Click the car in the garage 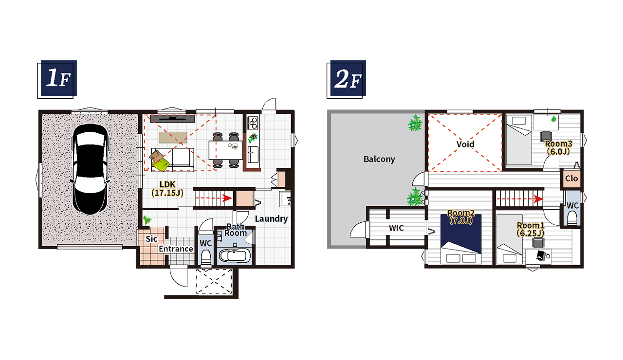coord(90,169)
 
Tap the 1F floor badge coord(57,79)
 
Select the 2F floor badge coord(346,79)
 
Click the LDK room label coord(167,184)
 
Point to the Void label coord(465,144)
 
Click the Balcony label coord(379,159)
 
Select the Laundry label coord(271,219)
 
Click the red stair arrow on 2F coord(519,199)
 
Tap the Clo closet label coord(571,178)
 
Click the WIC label coord(396,228)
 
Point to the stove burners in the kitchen coord(253,123)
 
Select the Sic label coord(151,239)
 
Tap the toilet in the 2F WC coord(572,218)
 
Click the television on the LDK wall coord(172,119)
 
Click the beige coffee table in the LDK coord(173,137)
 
